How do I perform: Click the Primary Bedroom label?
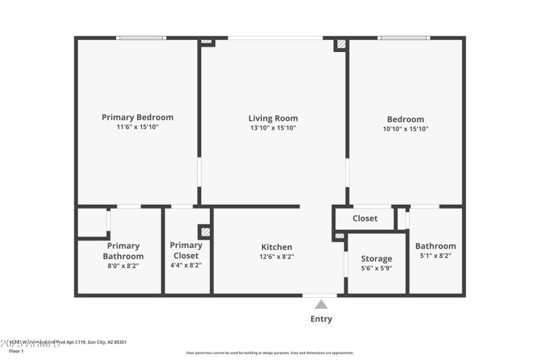click(137, 117)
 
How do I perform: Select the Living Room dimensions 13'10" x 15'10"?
click(273, 128)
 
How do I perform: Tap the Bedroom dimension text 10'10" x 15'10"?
click(405, 128)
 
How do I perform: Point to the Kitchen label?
click(277, 247)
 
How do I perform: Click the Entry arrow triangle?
click(321, 305)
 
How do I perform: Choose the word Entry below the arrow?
click(321, 319)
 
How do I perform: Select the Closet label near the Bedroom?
click(364, 218)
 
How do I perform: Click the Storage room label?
click(376, 259)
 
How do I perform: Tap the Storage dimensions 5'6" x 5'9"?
click(376, 268)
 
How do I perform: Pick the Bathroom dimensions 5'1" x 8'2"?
click(435, 256)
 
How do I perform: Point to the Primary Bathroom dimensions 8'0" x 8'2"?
click(123, 266)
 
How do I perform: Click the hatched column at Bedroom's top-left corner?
click(342, 44)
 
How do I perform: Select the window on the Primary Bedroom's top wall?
click(141, 38)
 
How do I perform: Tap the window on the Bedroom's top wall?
click(404, 38)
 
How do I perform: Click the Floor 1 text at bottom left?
click(16, 351)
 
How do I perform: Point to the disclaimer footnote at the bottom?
click(269, 353)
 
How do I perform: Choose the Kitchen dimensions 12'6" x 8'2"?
click(277, 257)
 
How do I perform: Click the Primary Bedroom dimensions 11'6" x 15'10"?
click(137, 127)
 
